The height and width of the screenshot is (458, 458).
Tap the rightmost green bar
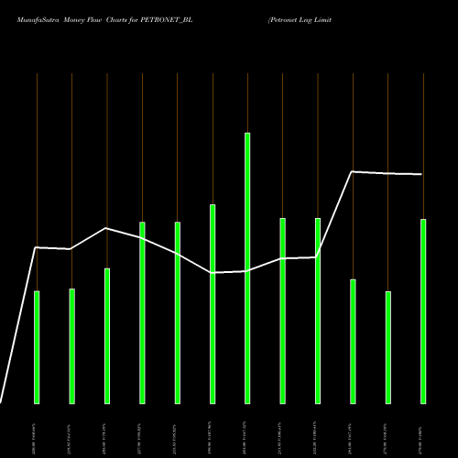pyautogui.click(x=423, y=311)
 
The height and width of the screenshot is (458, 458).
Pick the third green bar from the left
pyautogui.click(x=107, y=335)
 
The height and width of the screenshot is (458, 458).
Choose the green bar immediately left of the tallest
pyautogui.click(x=213, y=303)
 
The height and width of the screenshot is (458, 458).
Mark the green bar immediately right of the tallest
pyautogui.click(x=282, y=311)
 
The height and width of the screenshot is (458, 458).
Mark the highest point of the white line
pyautogui.click(x=353, y=171)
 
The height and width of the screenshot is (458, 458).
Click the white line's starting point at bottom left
pyautogui.click(x=1, y=402)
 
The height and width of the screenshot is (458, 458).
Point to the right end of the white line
pyautogui.click(x=422, y=174)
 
